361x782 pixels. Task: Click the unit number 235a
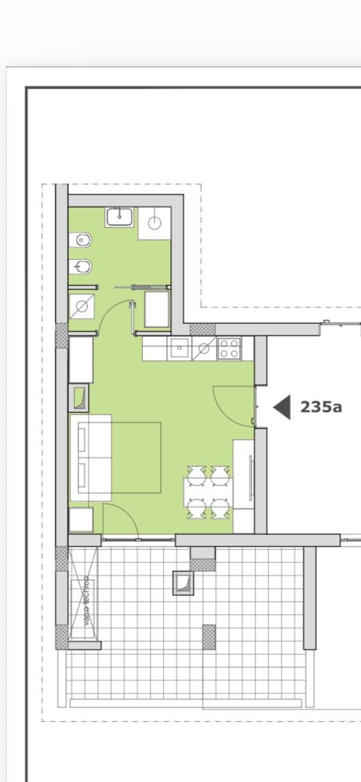click(321, 407)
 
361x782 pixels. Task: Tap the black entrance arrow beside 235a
click(283, 407)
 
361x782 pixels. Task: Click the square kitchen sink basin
click(178, 348)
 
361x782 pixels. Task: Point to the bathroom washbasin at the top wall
click(119, 217)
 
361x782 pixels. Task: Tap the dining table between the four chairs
click(208, 493)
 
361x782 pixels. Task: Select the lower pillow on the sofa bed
click(81, 476)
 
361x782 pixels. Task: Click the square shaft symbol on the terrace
click(183, 583)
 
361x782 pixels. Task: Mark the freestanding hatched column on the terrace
click(209, 637)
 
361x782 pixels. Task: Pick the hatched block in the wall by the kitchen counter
click(203, 329)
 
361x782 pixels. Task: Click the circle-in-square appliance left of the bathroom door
click(81, 306)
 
